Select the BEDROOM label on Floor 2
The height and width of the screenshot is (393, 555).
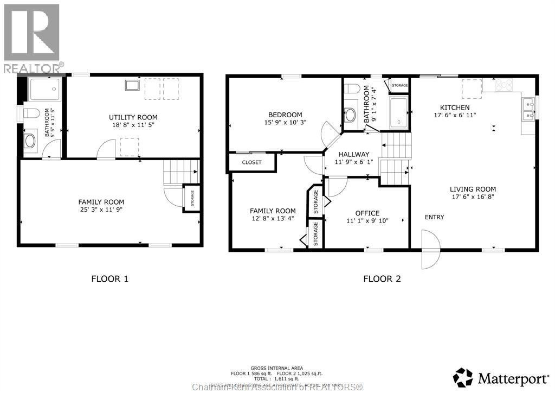[x=285, y=115]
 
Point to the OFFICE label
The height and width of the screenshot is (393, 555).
[x=367, y=213]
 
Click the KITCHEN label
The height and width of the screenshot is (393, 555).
[x=454, y=107]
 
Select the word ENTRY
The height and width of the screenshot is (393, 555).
[x=434, y=217]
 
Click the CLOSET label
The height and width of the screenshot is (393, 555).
[x=251, y=162]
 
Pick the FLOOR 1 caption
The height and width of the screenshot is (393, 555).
[x=109, y=279]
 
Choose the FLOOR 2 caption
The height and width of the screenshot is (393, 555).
[x=382, y=279]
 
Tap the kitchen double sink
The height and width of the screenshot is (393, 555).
[x=529, y=109]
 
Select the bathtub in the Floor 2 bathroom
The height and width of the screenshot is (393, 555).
[x=398, y=113]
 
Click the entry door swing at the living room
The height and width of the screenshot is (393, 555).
[x=429, y=249]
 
